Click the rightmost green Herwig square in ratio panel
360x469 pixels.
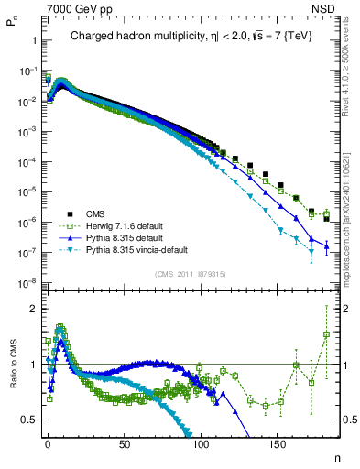[x=326, y=334]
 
